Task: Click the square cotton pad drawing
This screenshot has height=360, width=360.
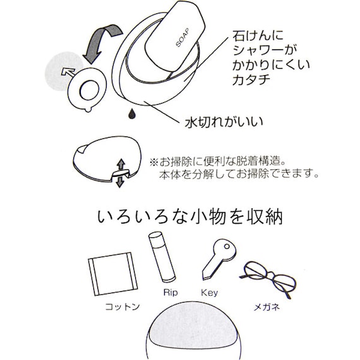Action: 111,274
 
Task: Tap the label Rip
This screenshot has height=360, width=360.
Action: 170,292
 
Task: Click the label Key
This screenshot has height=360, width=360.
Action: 208,292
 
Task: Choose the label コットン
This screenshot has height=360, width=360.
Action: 122,308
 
